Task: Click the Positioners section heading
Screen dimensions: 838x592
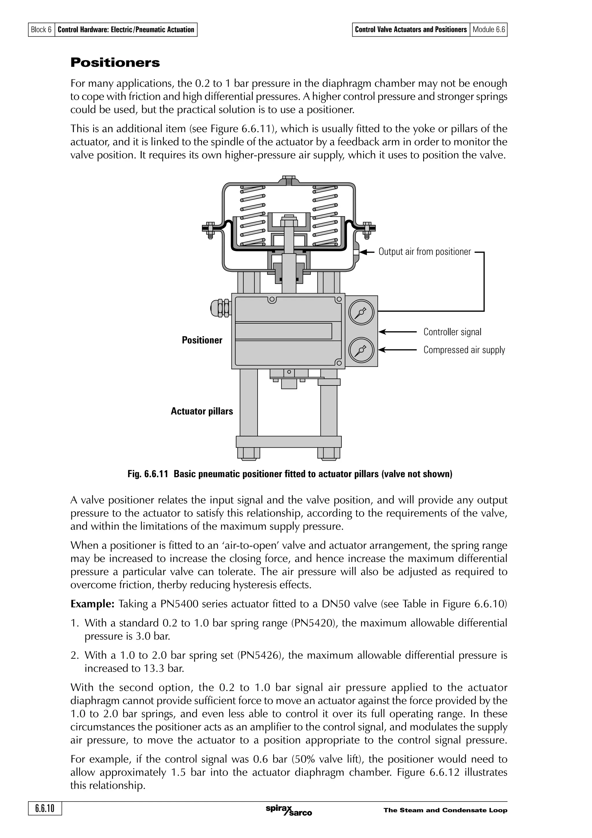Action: coord(115,62)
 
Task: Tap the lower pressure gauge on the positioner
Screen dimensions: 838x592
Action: coord(361,350)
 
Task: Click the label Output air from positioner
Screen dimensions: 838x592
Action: coord(425,252)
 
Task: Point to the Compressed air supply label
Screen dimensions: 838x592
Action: coord(464,350)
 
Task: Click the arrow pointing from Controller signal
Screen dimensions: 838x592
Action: coord(397,332)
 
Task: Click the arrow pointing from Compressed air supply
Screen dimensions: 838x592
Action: coord(397,350)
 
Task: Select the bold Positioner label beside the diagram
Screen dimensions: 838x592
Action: coord(202,340)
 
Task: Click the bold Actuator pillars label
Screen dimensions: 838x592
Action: coord(202,411)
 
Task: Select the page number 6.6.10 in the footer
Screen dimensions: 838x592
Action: coord(45,809)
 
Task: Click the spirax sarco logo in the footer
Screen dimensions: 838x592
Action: coord(288,810)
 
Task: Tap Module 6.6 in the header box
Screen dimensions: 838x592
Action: coord(489,29)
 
